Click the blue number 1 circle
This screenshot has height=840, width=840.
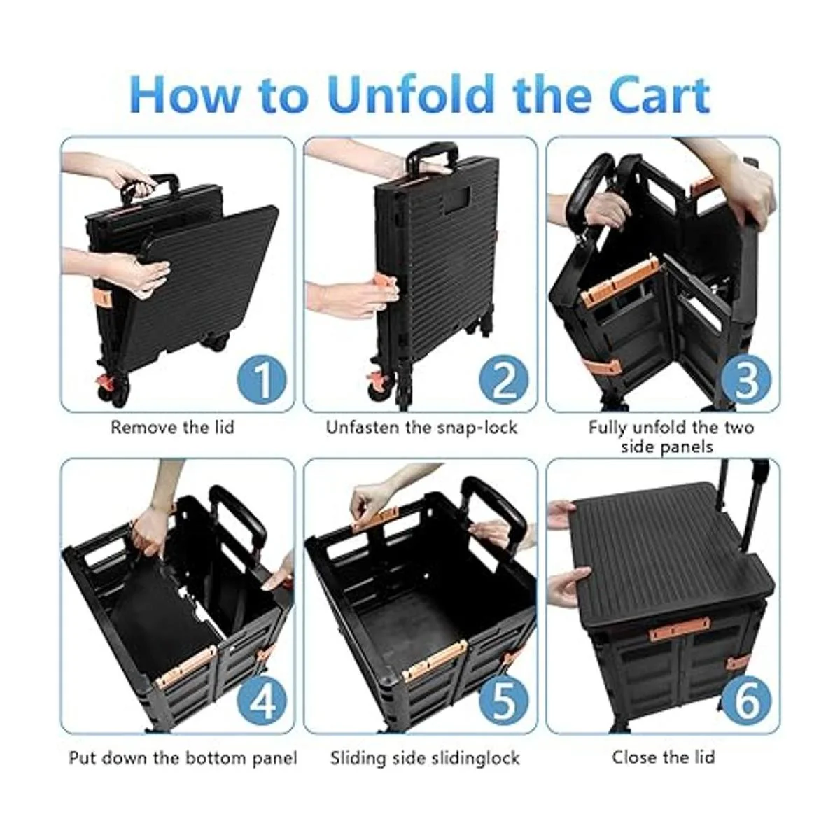262,379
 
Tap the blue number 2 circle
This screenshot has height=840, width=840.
504,379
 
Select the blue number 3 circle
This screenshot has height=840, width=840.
746,379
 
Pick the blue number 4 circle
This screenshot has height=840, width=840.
262,701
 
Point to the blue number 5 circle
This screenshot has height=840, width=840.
504,701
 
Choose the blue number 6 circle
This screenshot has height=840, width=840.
746,701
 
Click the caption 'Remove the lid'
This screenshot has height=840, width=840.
173,427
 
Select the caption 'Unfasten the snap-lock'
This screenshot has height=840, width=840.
421,428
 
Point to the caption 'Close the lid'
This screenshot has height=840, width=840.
664,757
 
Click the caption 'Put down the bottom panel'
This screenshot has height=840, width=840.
183,758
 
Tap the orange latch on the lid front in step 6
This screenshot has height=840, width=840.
679,629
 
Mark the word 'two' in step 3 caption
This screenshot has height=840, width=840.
739,427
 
